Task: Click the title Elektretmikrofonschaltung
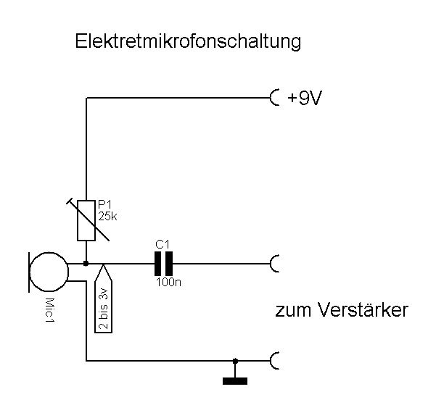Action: pos(188,42)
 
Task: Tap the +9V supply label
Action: pos(305,98)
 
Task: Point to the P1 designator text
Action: pos(104,205)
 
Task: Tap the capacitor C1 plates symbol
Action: pos(163,264)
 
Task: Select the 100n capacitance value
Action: pos(168,283)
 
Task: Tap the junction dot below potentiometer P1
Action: pos(86,264)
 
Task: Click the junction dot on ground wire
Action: pos(234,360)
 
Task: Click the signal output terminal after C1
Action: pos(275,264)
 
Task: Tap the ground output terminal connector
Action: pos(275,360)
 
